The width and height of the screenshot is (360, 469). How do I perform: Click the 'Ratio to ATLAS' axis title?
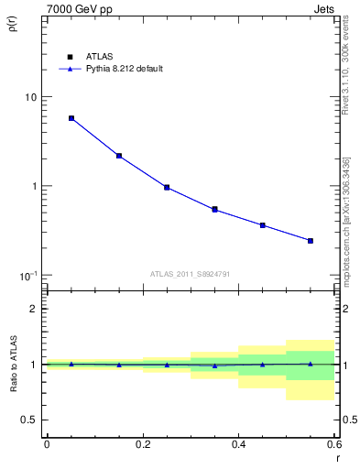pyautogui.click(x=12, y=365)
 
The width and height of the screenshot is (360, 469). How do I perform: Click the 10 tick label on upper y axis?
pyautogui.click(x=30, y=97)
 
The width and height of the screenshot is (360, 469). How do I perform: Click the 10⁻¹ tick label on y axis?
pyautogui.click(x=28, y=275)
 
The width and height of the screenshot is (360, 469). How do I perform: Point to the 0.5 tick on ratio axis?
pyautogui.click(x=30, y=420)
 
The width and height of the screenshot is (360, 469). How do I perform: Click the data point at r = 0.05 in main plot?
pyautogui.click(x=71, y=118)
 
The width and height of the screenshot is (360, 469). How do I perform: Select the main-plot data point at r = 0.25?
pyautogui.click(x=167, y=187)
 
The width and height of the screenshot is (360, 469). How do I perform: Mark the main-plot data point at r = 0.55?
pyautogui.click(x=311, y=241)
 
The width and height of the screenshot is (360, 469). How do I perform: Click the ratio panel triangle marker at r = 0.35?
pyautogui.click(x=214, y=365)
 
